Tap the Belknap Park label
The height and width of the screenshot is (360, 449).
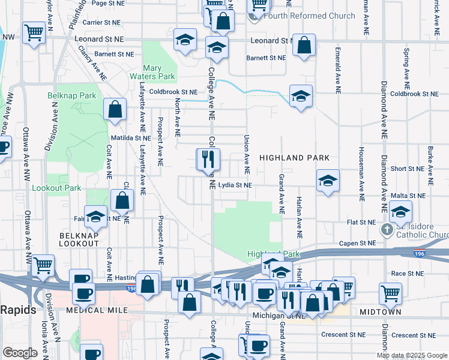pyautogui.click(x=72, y=95)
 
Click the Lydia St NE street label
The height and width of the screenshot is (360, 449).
pyautogui.click(x=235, y=185)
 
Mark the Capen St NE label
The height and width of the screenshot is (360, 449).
pyautogui.click(x=357, y=243)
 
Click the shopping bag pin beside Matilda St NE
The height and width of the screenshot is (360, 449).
pyautogui.click(x=115, y=110)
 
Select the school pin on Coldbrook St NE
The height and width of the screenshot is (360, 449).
pyautogui.click(x=301, y=95)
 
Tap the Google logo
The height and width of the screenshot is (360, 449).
pyautogui.click(x=20, y=353)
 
